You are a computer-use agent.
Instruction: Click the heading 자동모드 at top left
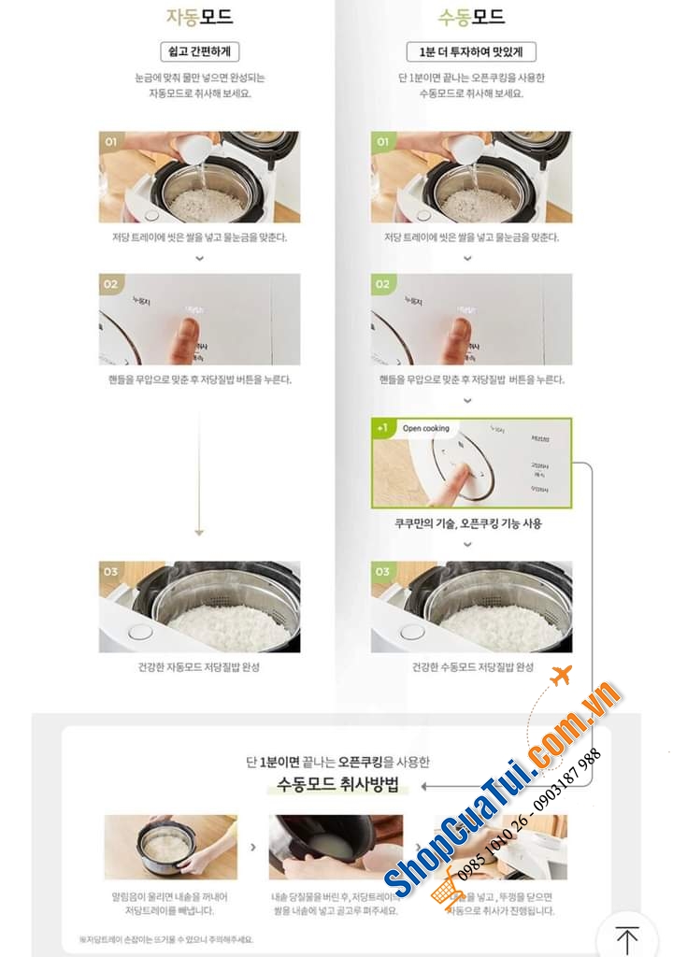(199, 17)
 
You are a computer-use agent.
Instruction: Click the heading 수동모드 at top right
(471, 17)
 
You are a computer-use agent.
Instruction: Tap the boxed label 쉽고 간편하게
(199, 51)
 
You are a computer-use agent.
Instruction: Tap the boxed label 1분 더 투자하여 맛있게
(471, 51)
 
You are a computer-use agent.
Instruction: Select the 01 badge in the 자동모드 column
(111, 142)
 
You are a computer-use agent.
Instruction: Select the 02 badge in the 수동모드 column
(383, 284)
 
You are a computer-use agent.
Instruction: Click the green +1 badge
(382, 428)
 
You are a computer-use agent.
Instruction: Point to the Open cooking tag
(425, 428)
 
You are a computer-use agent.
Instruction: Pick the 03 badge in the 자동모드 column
(111, 571)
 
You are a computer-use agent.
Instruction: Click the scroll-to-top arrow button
(626, 937)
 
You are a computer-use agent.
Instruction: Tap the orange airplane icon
(561, 675)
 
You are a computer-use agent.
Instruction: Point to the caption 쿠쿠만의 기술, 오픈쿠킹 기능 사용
(468, 523)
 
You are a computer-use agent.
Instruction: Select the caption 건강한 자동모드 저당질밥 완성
(199, 667)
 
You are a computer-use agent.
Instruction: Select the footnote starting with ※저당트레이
(165, 939)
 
